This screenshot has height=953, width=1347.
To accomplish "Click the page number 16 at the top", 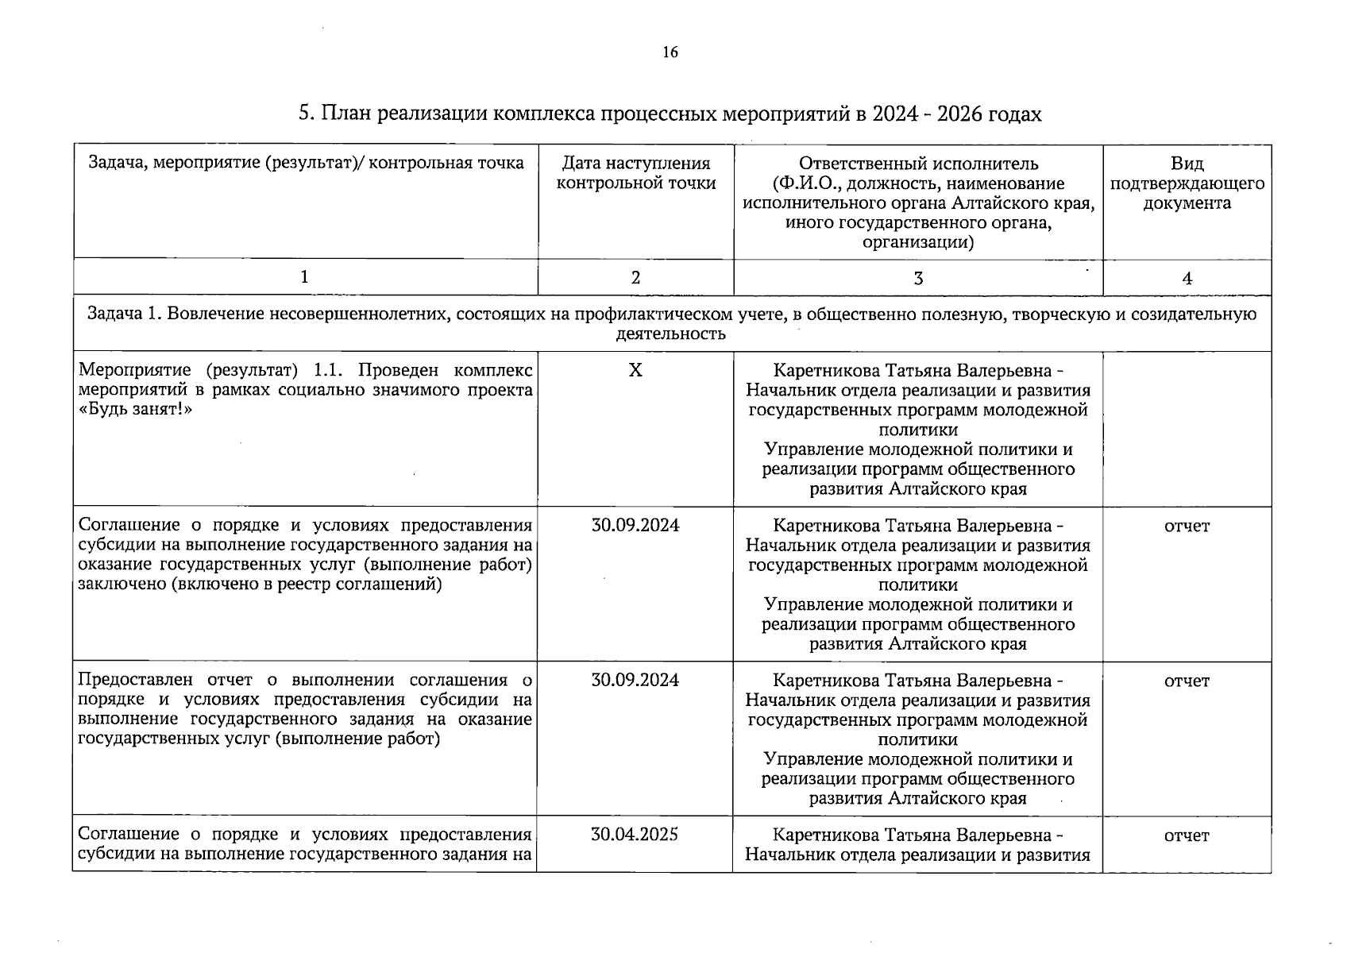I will pyautogui.click(x=670, y=53).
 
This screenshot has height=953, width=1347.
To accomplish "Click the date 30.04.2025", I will pyautogui.click(x=635, y=835).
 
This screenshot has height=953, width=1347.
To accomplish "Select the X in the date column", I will pyautogui.click(x=635, y=370).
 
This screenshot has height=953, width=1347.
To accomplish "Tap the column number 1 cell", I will pyautogui.click(x=305, y=277).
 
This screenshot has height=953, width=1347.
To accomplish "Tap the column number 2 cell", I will pyautogui.click(x=635, y=277).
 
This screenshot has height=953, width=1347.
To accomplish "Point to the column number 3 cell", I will pyautogui.click(x=918, y=277).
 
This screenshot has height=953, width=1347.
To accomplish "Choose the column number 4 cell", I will pyautogui.click(x=1187, y=277).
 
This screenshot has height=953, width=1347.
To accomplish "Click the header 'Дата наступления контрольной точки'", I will pyautogui.click(x=635, y=173).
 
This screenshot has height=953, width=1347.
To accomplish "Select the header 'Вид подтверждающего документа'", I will pyautogui.click(x=1187, y=183).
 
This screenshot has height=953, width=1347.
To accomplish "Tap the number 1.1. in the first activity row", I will pyautogui.click(x=328, y=371).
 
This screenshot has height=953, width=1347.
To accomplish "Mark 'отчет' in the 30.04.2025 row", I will pyautogui.click(x=1187, y=835).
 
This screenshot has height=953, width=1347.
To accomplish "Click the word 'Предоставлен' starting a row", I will pyautogui.click(x=136, y=681).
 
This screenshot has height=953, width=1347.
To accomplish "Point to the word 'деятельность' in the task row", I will pyautogui.click(x=671, y=334).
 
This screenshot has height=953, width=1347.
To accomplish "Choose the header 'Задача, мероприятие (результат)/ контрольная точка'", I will pyautogui.click(x=306, y=164).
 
